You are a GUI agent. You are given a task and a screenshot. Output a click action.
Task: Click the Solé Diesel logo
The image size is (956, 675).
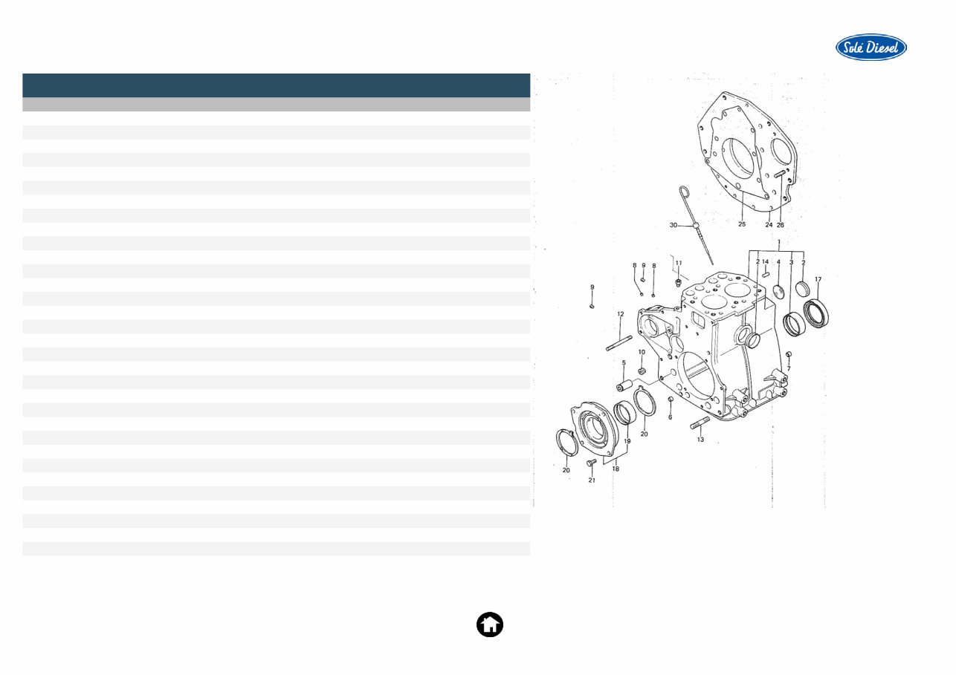pyautogui.click(x=871, y=48)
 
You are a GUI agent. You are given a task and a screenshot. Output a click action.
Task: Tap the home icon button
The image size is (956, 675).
pyautogui.click(x=489, y=625)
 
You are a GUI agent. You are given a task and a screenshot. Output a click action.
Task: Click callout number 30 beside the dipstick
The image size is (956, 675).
pyautogui.click(x=673, y=225)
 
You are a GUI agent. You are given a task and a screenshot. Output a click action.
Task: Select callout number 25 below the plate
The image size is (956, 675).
pyautogui.click(x=741, y=224)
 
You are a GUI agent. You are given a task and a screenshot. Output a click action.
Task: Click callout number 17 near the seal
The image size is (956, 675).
pyautogui.click(x=818, y=279)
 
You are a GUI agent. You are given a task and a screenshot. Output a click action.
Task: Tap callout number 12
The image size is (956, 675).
pyautogui.click(x=620, y=314)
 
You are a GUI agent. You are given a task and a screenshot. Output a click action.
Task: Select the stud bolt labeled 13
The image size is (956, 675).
pyautogui.click(x=701, y=424)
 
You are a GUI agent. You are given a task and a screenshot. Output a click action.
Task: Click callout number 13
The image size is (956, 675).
pyautogui.click(x=700, y=440)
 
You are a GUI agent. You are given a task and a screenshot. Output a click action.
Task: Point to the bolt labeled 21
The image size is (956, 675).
pyautogui.click(x=592, y=463)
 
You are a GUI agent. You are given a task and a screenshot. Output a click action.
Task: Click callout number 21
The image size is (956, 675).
pyautogui.click(x=592, y=480)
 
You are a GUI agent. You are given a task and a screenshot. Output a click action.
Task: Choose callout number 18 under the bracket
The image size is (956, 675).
pyautogui.click(x=616, y=469)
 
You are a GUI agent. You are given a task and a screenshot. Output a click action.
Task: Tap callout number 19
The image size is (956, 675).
pyautogui.click(x=627, y=441)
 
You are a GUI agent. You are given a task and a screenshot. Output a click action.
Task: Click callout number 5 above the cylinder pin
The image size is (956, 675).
pyautogui.click(x=624, y=362)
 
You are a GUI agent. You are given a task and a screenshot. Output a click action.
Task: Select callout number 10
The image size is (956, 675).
pyautogui.click(x=642, y=352)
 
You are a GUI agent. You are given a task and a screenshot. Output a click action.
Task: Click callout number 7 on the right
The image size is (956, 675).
pyautogui.click(x=789, y=368)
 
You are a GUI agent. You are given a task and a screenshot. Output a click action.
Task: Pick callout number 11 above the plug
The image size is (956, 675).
pyautogui.click(x=678, y=263)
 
